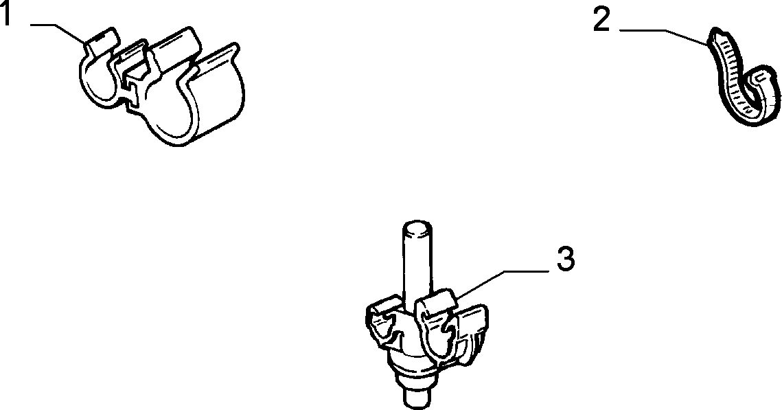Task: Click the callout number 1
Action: [x=6, y=14]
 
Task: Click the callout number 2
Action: [x=601, y=21]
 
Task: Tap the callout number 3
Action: [x=566, y=259]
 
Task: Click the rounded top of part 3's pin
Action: [x=417, y=226]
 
